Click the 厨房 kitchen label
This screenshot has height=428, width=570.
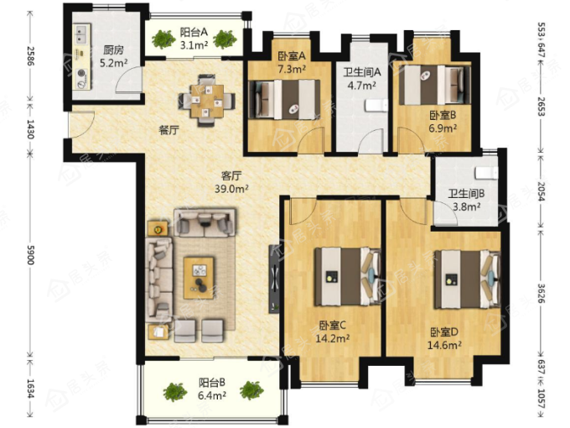(x=113, y=50)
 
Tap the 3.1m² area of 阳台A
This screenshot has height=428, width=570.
(x=194, y=45)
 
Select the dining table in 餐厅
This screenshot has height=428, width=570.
(x=207, y=101)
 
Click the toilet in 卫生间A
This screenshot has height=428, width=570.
(x=376, y=106)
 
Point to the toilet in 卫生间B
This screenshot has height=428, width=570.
(x=486, y=173)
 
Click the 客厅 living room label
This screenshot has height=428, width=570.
(x=231, y=176)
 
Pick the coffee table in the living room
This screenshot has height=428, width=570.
(x=199, y=278)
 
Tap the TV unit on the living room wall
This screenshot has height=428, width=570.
(x=274, y=279)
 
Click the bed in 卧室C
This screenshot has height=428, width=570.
(x=348, y=277)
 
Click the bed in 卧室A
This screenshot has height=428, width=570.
(x=284, y=100)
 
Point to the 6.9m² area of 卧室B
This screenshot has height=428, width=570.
(x=443, y=128)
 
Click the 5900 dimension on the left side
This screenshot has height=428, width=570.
(x=30, y=255)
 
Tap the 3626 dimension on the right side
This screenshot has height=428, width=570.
(x=541, y=294)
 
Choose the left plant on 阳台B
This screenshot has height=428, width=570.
(x=175, y=392)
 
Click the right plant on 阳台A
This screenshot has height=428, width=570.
(x=225, y=39)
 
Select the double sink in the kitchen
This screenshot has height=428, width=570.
(x=82, y=34)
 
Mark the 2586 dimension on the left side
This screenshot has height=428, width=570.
(x=30, y=55)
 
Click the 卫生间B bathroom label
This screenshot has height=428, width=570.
(x=466, y=194)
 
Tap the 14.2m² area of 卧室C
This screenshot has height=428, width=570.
(x=332, y=338)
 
